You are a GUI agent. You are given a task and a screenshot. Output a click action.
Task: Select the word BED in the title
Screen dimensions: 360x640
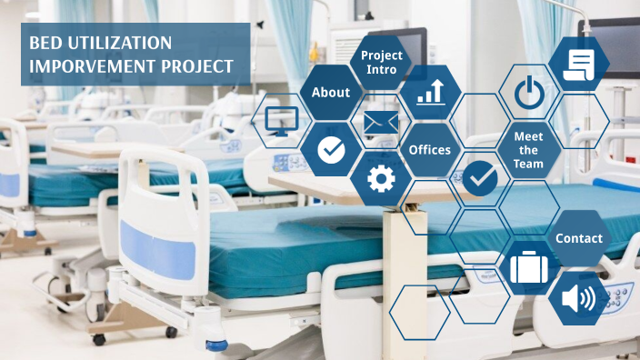pyautogui.click(x=45, y=44)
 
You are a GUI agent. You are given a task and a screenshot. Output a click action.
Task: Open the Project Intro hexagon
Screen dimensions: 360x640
pyautogui.click(x=381, y=63)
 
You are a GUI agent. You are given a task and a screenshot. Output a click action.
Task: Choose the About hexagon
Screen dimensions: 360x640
pyautogui.click(x=331, y=93)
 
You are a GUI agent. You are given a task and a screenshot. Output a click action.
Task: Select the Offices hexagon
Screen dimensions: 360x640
pyautogui.click(x=430, y=149)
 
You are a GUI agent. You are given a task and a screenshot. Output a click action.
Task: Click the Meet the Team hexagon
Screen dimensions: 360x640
pyautogui.click(x=528, y=150)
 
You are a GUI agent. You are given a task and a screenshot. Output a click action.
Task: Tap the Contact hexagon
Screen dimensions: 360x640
pyautogui.click(x=579, y=238)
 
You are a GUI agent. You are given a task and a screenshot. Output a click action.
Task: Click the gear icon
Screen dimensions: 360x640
pyautogui.click(x=380, y=178)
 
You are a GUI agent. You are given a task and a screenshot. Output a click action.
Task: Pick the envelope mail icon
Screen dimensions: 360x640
pyautogui.click(x=380, y=122)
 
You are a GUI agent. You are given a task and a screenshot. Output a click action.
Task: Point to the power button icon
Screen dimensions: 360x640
pyautogui.click(x=528, y=93)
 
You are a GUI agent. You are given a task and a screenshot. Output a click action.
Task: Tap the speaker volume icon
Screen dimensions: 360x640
pyautogui.click(x=578, y=298)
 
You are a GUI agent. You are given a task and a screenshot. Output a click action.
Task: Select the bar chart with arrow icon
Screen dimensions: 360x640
pyautogui.click(x=430, y=92)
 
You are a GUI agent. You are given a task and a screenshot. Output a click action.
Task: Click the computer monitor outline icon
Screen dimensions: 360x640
pyautogui.click(x=281, y=121)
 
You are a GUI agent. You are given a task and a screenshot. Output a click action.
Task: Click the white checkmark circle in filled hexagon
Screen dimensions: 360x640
pyautogui.click(x=331, y=150)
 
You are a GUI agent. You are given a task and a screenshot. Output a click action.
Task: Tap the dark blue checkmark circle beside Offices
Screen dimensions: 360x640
pyautogui.click(x=479, y=178)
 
